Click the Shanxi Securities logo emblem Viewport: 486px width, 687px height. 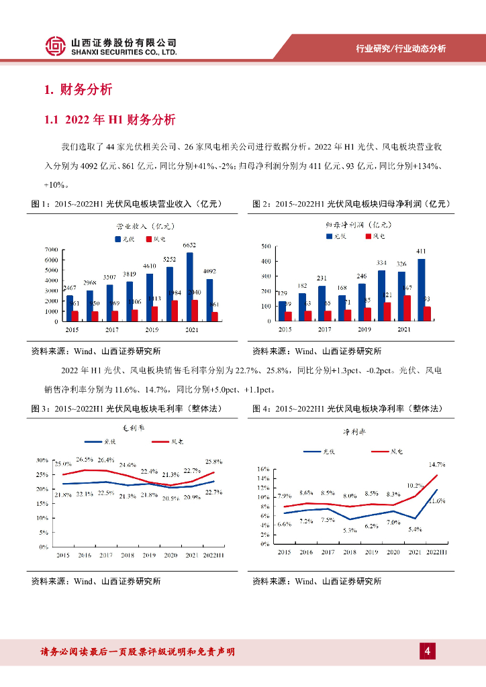tap(56, 46)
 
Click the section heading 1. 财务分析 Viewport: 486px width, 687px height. tap(78, 90)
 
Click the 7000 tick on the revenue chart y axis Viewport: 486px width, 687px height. tap(50, 250)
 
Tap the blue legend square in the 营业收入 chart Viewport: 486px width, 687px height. tap(117, 239)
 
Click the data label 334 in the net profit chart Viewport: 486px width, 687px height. tap(381, 262)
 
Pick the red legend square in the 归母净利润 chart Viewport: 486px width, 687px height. tap(369, 237)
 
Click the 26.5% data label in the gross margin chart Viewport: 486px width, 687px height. tap(85, 460)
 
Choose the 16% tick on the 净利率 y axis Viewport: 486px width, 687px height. tap(263, 470)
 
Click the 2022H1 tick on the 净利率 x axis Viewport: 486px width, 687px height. tap(437, 551)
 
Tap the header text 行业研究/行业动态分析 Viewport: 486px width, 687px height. tap(400, 48)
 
